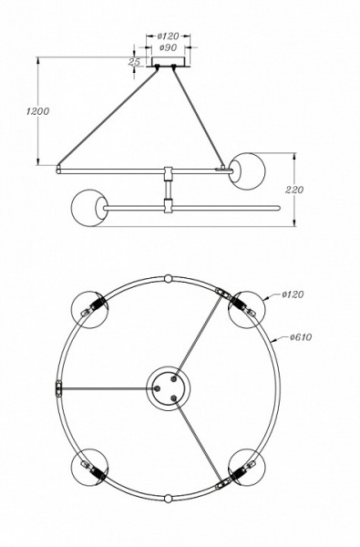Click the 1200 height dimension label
(26, 110)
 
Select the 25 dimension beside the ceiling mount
(134, 62)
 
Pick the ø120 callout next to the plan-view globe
(293, 294)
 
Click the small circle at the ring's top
(169, 277)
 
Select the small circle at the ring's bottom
(169, 499)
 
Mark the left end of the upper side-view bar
(58, 169)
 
